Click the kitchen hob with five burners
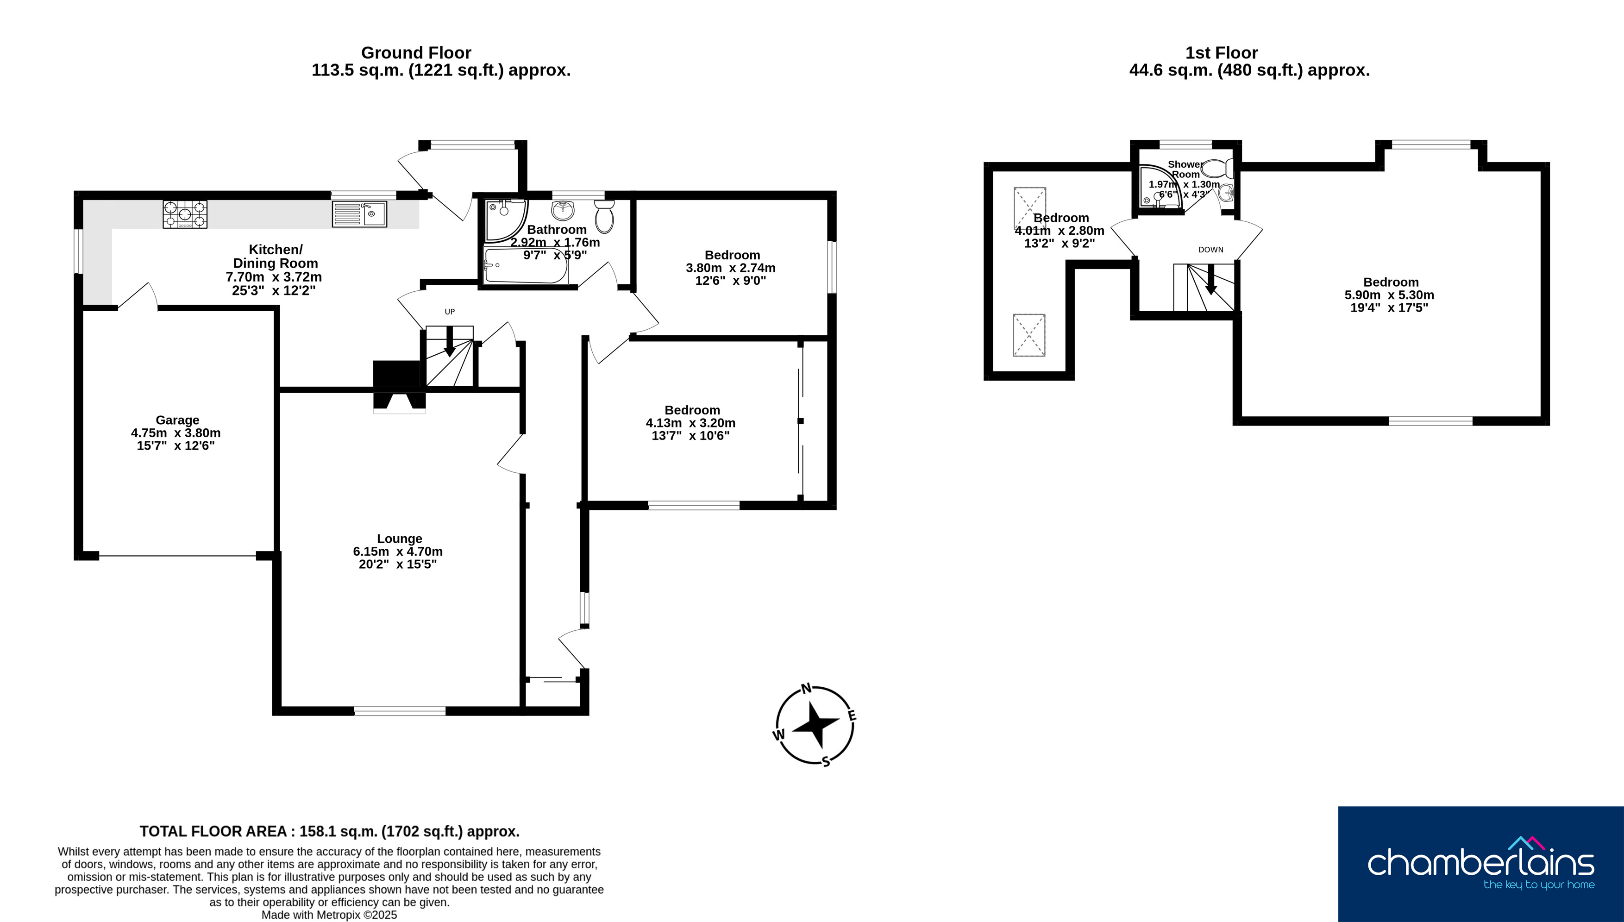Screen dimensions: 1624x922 [185, 214]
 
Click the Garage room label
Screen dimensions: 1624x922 [177, 420]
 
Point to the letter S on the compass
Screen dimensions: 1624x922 [826, 761]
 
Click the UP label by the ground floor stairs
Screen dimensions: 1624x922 [450, 312]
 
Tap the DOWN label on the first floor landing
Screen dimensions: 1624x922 [1210, 250]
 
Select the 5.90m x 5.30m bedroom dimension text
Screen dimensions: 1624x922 [1389, 295]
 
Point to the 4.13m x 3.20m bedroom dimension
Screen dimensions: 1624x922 [691, 423]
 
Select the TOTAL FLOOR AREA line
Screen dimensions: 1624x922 [329, 831]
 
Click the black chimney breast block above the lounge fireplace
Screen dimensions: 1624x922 [397, 374]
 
